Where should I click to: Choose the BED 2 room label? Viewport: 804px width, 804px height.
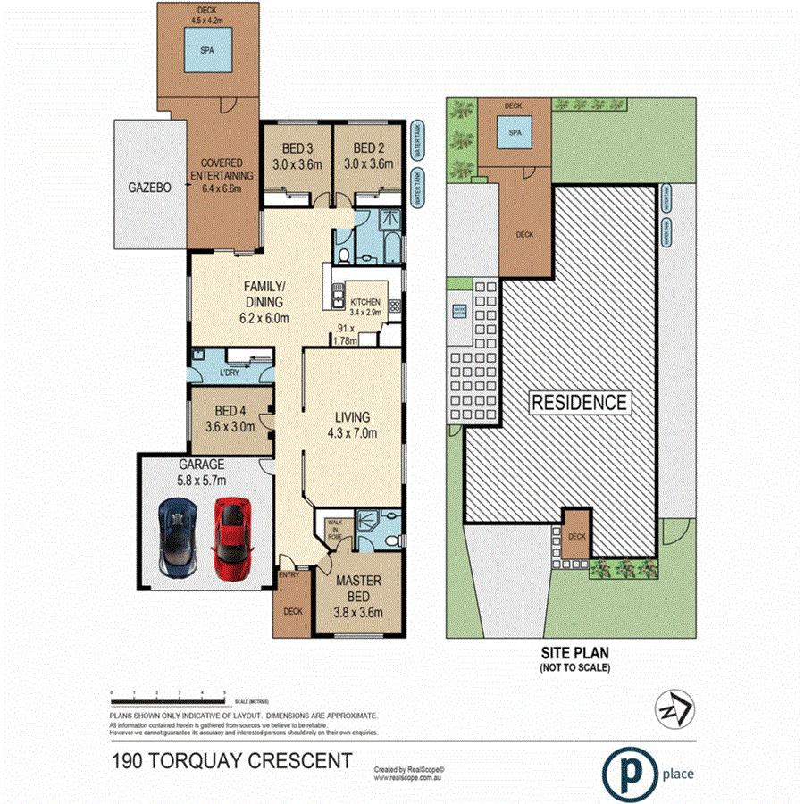(368, 155)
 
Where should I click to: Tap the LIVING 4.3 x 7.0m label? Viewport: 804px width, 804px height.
(351, 425)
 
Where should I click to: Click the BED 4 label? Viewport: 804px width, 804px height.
(230, 418)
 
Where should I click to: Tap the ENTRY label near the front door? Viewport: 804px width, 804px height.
(289, 574)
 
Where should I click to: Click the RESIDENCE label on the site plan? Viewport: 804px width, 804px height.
(580, 402)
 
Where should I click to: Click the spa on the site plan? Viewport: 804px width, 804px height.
(514, 134)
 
